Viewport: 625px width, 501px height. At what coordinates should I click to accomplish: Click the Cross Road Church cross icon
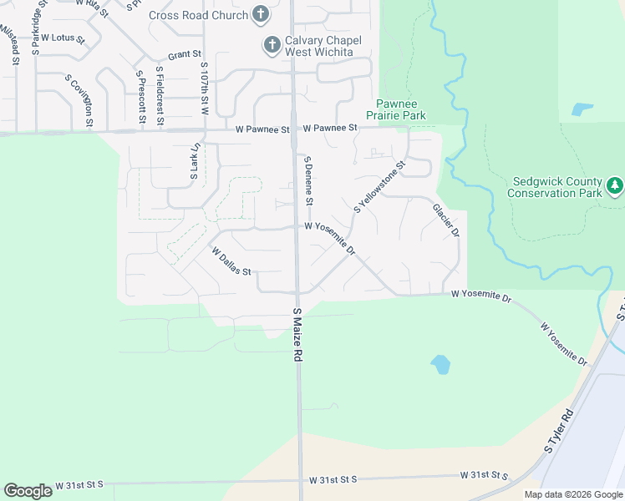(x=261, y=15)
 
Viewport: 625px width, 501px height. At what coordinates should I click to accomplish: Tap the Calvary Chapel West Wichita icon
(x=272, y=45)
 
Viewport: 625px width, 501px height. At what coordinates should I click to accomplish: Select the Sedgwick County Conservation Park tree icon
(x=615, y=185)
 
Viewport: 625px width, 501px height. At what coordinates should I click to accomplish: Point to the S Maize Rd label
(x=297, y=334)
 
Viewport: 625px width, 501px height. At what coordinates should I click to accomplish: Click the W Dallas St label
(x=231, y=260)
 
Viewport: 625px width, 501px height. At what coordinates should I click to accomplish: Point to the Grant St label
(x=185, y=55)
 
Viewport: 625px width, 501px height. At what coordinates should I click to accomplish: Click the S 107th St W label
(x=204, y=89)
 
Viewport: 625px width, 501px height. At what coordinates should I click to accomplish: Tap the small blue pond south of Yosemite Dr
(x=440, y=365)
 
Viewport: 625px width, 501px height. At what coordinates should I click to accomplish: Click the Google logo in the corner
(x=28, y=491)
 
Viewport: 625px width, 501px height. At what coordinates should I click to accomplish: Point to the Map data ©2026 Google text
(x=573, y=494)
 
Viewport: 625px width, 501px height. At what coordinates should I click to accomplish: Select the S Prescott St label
(x=141, y=97)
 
